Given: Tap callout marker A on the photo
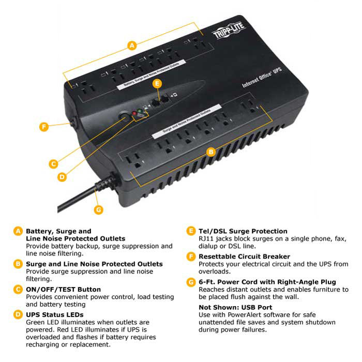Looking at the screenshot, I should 132,46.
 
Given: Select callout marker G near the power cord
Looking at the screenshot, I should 99,209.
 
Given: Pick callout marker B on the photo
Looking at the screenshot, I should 210,152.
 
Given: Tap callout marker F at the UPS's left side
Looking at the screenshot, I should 45,126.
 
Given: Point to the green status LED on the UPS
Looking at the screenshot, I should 141,110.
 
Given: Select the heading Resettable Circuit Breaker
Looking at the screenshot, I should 245,257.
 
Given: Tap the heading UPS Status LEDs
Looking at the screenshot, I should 54,314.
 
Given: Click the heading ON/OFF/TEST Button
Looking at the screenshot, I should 63,289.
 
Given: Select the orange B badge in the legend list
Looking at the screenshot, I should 19,264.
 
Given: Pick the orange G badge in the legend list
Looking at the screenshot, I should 191,282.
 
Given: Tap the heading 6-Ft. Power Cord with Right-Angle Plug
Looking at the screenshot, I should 267,282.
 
